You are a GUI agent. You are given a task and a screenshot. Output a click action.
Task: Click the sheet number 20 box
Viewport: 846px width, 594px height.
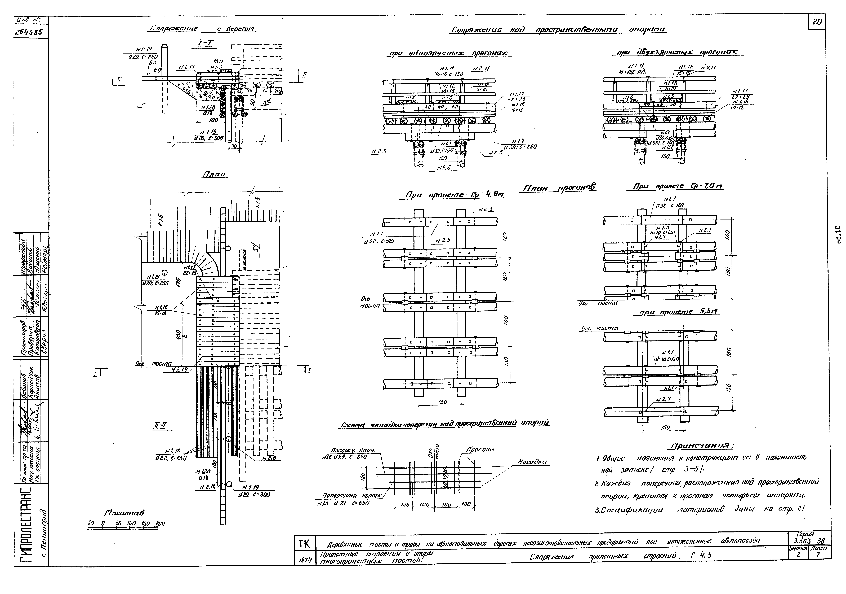click(x=817, y=22)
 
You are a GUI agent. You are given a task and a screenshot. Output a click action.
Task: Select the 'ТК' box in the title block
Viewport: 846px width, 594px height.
click(x=304, y=544)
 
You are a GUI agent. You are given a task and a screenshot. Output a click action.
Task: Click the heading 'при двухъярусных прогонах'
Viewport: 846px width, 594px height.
click(x=677, y=53)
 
